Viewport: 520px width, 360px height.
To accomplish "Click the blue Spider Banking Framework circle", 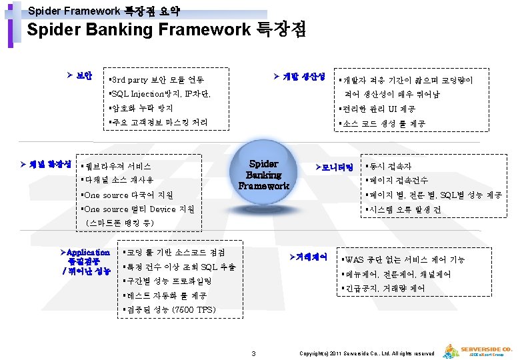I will (x=264, y=174).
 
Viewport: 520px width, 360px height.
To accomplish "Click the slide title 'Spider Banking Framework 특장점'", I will (x=166, y=30).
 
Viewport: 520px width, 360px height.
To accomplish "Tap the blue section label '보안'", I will (x=83, y=73).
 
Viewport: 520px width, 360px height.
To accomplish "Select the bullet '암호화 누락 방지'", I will (x=141, y=108).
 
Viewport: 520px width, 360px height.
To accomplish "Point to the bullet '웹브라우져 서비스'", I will (x=115, y=165).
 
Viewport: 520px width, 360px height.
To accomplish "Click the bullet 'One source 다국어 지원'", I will (x=126, y=195).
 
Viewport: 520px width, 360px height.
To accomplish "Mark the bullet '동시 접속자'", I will (x=388, y=166).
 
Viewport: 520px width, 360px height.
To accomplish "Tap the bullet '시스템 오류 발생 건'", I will (x=403, y=209).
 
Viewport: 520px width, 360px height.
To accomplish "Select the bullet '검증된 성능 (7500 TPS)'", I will (x=169, y=310).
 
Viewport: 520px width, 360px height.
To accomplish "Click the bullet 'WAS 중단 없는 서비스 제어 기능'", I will (x=403, y=259).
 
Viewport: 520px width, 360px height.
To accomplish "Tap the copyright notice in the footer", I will (x=367, y=353).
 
